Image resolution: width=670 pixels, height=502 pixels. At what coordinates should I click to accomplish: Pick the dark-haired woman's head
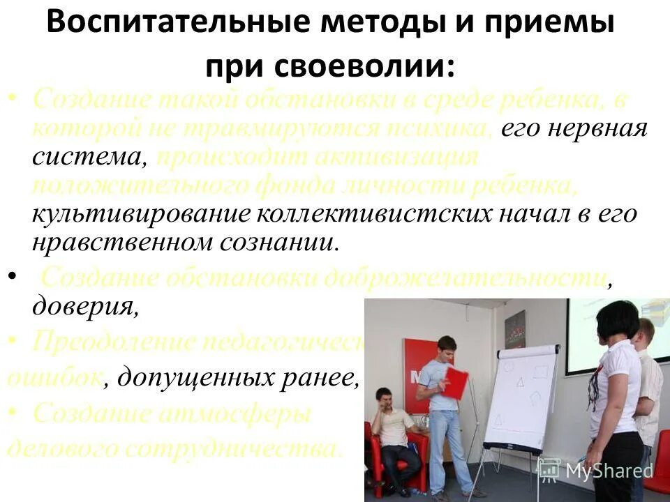click(618, 321)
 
